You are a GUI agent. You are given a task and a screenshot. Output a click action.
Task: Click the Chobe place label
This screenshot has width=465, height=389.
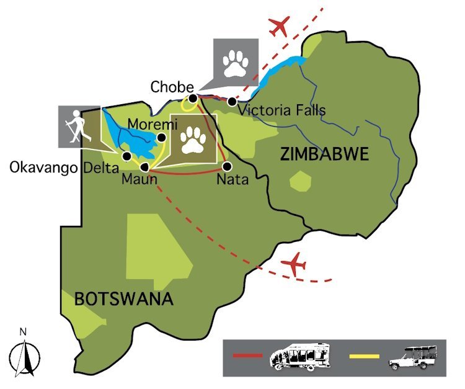click(x=172, y=87)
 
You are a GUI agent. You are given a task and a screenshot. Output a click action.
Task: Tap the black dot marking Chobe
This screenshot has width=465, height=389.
click(x=193, y=98)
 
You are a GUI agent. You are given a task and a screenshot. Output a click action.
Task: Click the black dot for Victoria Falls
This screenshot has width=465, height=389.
click(x=232, y=101)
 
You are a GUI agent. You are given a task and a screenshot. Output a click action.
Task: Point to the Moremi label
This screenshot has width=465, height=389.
click(x=148, y=125)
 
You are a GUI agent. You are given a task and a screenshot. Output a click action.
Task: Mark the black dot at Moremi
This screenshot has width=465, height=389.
click(x=161, y=138)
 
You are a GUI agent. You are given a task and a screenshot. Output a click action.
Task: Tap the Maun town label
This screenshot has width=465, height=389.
click(x=139, y=180)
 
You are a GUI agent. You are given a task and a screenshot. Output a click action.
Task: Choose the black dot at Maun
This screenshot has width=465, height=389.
click(x=144, y=166)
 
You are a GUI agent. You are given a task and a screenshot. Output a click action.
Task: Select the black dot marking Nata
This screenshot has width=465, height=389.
click(x=227, y=166)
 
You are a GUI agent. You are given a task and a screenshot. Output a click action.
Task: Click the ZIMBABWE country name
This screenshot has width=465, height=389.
click(x=324, y=153)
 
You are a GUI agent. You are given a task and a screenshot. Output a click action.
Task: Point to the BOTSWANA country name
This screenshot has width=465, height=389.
click(x=123, y=299)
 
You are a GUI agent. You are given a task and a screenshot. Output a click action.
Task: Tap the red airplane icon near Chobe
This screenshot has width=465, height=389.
click(x=280, y=27)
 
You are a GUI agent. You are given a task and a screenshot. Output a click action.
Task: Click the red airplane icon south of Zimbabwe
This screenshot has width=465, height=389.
click(x=294, y=265)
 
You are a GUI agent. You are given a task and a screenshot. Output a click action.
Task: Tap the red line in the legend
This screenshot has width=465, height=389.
click(x=249, y=357)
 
